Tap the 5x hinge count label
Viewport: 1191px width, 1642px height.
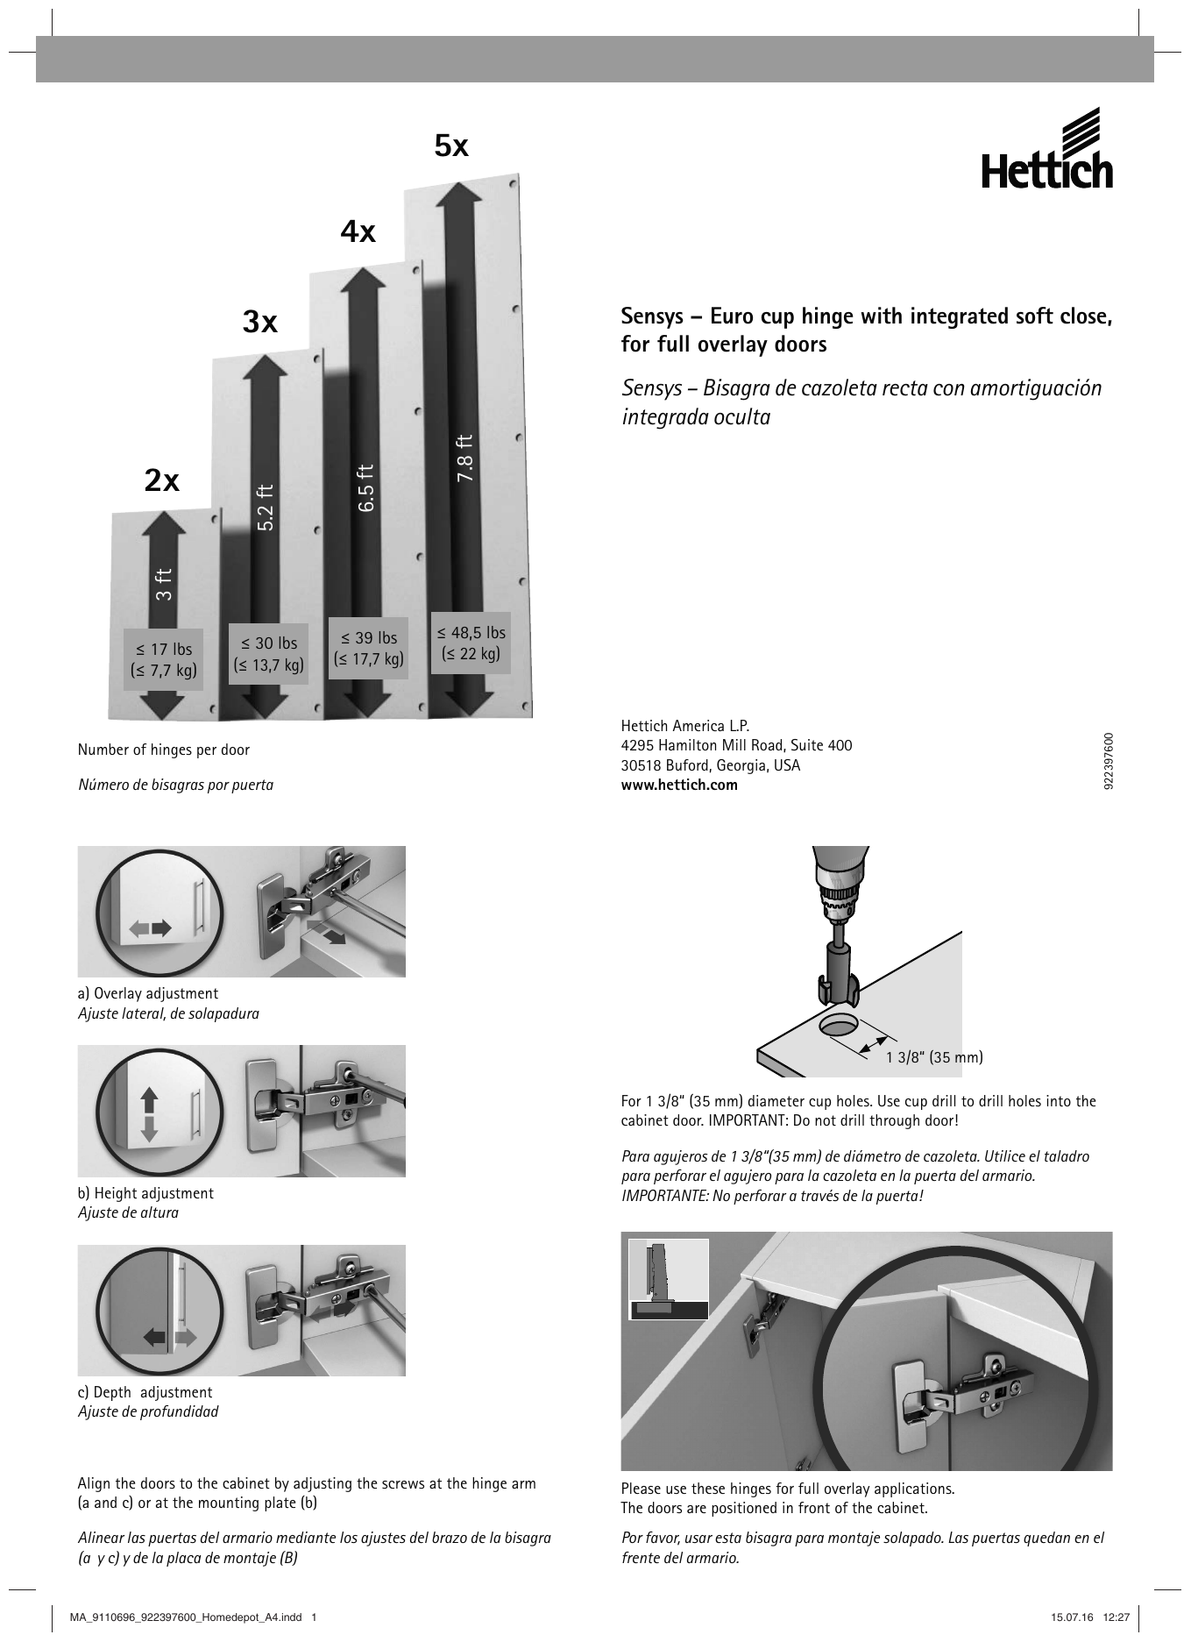[451, 146]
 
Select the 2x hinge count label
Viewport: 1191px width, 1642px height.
[162, 480]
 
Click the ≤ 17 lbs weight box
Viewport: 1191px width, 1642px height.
[163, 660]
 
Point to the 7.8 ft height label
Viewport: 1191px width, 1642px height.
[465, 458]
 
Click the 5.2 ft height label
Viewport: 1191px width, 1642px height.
[266, 507]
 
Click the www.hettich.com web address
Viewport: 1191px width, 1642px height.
[679, 785]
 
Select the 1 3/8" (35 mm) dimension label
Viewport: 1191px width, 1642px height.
[934, 1057]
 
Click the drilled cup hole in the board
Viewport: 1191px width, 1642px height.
[839, 1025]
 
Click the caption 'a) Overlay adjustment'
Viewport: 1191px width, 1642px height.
[148, 993]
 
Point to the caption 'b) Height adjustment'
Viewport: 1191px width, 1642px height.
[145, 1193]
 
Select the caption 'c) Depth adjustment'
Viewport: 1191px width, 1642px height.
[145, 1392]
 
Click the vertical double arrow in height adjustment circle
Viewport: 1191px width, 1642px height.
[148, 1114]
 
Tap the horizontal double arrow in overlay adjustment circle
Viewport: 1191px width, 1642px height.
[151, 927]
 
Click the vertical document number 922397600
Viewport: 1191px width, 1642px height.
[1109, 760]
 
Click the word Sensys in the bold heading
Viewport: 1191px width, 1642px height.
[651, 316]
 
